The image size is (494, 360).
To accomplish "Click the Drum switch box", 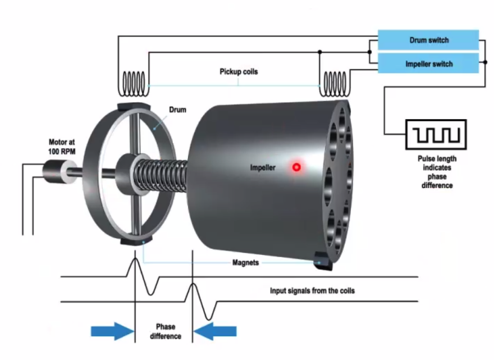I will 428,40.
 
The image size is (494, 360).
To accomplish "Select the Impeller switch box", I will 428,64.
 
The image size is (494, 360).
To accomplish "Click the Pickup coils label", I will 239,72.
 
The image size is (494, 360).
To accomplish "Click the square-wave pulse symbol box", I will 435,134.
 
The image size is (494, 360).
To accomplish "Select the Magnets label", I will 245,262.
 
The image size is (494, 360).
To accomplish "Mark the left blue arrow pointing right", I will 111,331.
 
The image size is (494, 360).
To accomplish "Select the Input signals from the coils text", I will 312,290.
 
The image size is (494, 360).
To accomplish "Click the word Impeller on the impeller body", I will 263,167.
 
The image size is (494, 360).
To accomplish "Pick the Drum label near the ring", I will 177,110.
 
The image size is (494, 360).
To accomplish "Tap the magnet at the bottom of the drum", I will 134,241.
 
